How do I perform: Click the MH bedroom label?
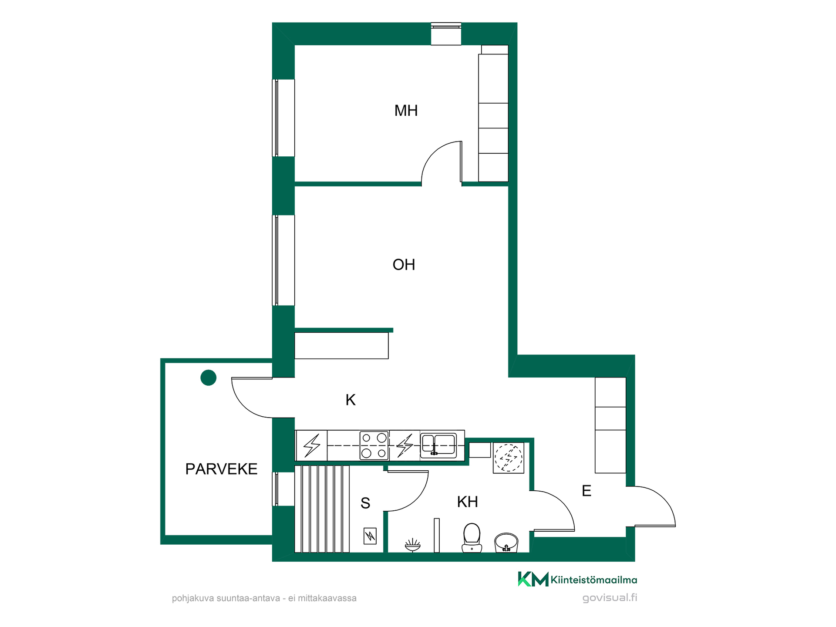pos(406,111)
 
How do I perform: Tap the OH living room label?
pos(404,265)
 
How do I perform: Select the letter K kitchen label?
pos(351,400)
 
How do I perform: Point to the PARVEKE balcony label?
pos(221,469)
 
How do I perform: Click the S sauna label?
pos(365,503)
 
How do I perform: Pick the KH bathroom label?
pos(468,502)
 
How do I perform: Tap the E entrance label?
pos(587,491)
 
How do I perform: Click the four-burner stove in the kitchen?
pos(374,445)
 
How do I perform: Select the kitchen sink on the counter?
pos(438,445)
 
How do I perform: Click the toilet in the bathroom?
pos(472,538)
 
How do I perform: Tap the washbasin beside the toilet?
pos(506,543)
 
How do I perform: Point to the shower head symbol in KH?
pos(412,545)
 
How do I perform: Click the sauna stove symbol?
pos(370,536)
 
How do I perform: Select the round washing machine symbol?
pos(509,458)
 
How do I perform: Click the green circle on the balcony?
pos(209,378)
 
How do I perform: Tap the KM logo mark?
pos(533,579)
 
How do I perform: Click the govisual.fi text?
pos(610,598)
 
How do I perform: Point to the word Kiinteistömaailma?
pos(594,580)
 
